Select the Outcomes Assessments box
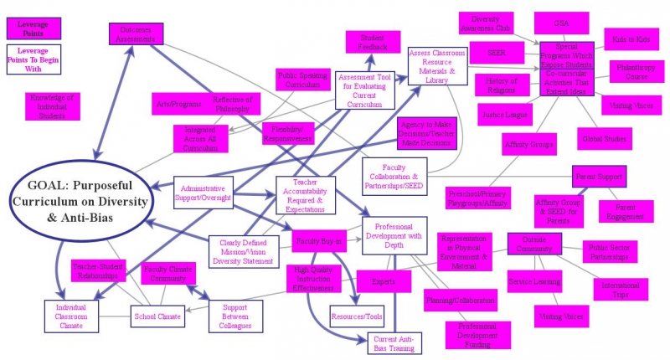coord(135,33)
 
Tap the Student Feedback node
coord(374,43)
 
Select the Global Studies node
coord(603,138)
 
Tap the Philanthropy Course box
coord(636,71)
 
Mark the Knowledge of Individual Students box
coord(52,106)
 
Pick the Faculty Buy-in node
coord(319,241)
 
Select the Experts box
coord(384,281)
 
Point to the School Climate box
coord(157,316)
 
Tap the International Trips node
coord(621,289)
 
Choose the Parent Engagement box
coord(626,212)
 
